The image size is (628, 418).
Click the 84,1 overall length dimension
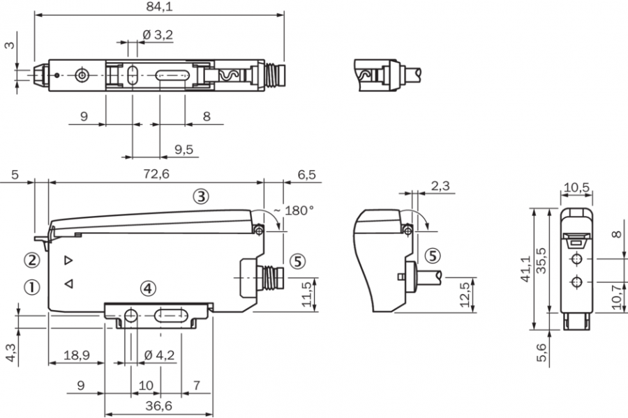point(159,6)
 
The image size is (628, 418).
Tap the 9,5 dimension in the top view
point(183,148)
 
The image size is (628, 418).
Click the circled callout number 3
point(200,196)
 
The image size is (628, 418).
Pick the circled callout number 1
point(31,286)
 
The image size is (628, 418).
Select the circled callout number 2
point(31,261)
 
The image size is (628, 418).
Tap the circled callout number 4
point(147,287)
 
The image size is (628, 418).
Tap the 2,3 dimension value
point(440,186)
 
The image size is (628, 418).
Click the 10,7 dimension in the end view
point(615,295)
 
